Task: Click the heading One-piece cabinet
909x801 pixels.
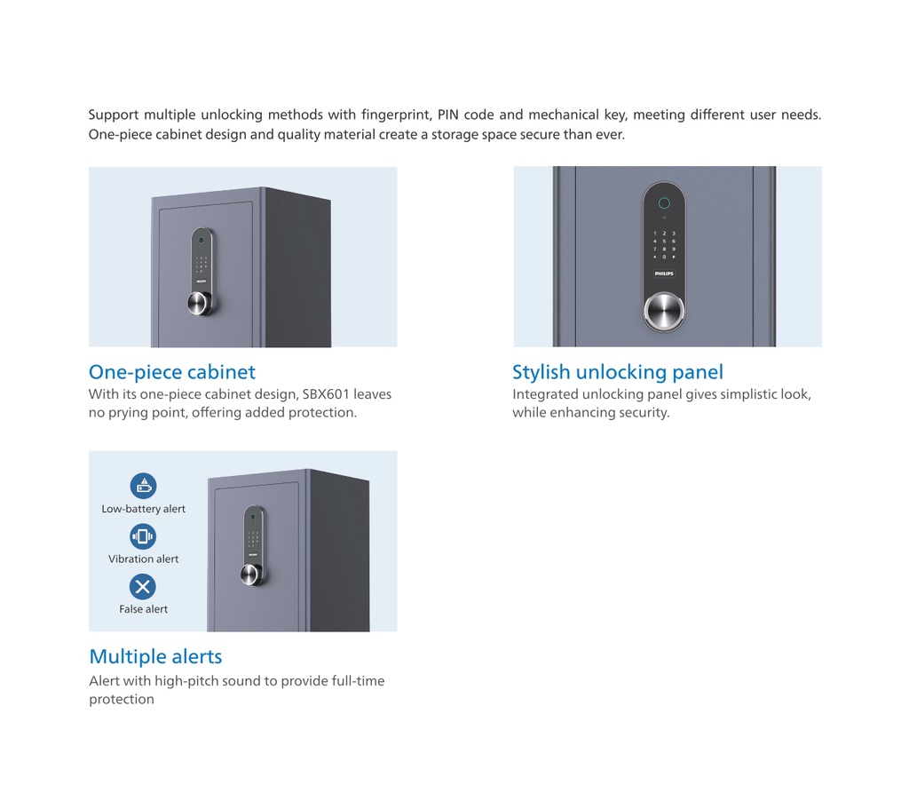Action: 171,372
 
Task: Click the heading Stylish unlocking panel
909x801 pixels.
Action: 617,372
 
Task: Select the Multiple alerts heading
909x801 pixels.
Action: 155,657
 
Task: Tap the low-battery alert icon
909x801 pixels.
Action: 143,486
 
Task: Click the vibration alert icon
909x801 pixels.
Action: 143,536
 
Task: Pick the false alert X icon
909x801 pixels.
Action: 143,586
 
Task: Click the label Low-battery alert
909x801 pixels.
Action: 143,509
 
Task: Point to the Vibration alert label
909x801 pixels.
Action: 143,559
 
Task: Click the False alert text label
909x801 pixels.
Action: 143,609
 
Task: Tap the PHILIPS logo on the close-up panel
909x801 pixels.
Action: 664,274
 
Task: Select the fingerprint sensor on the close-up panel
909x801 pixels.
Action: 664,202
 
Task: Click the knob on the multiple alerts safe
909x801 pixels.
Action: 253,574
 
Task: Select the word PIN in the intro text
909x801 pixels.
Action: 448,115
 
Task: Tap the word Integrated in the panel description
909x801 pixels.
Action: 545,394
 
